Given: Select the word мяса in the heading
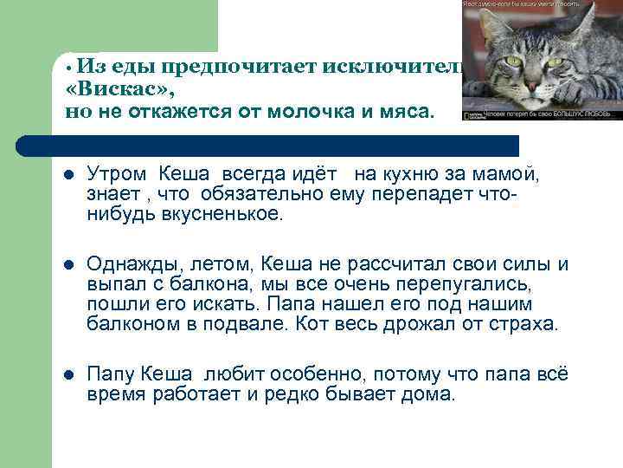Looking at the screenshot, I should pos(410,111).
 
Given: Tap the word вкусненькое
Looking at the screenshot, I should pos(222,213).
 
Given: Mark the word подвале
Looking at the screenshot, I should pos(251,325).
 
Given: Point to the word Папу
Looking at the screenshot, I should pos(111,374).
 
